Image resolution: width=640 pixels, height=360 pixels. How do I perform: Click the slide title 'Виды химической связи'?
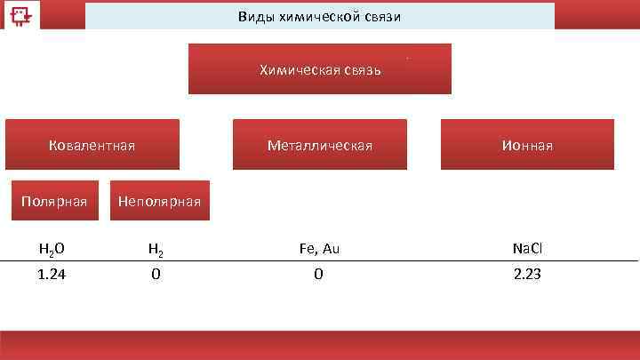[x=320, y=17]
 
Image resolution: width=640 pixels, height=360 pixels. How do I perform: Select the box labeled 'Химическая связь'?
[x=320, y=69]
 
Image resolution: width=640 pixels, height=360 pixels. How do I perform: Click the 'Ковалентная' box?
[x=92, y=145]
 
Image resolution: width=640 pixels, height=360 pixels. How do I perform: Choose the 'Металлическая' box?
[x=320, y=145]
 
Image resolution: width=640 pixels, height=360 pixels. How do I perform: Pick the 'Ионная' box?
[x=527, y=145]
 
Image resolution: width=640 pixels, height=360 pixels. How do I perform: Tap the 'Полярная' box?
[x=54, y=202]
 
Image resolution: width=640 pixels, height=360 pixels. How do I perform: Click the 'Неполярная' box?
[x=159, y=202]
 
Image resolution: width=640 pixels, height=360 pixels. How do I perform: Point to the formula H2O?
[x=51, y=250]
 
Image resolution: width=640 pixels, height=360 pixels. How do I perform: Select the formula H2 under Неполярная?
[x=155, y=250]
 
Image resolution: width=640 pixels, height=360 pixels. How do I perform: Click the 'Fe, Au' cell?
[x=319, y=249]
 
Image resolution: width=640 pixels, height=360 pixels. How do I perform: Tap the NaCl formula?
[x=527, y=249]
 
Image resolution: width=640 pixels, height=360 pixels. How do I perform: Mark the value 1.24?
[x=51, y=275]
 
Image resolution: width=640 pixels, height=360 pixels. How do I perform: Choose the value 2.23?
[x=527, y=275]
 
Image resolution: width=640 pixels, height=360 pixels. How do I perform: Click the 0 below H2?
[x=156, y=275]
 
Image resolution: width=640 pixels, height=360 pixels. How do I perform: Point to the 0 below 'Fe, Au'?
[x=318, y=275]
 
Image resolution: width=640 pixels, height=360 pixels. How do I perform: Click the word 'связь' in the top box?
[x=360, y=69]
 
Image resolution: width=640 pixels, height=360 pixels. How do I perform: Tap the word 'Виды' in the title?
[x=254, y=17]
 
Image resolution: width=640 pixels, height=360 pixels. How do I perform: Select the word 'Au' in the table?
[x=330, y=249]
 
